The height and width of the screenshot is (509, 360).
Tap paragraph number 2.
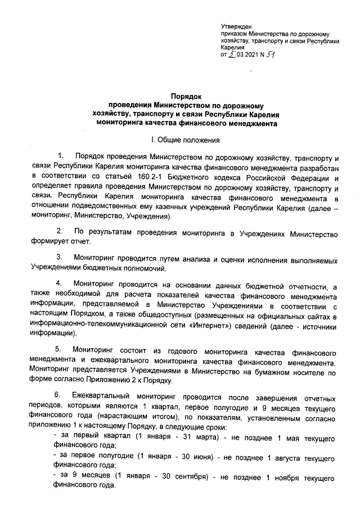coord(61,231)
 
